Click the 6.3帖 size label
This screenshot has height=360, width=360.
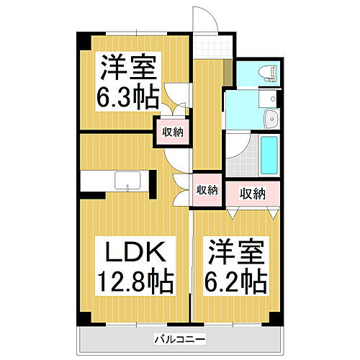coord(127,96)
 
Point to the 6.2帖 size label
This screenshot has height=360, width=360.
coord(238,280)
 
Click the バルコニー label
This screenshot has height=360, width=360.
coord(180,338)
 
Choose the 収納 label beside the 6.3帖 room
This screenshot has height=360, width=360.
coord(172,132)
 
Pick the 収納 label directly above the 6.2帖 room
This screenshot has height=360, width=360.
coord(253,193)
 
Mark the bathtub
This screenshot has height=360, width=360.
coord(269,156)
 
